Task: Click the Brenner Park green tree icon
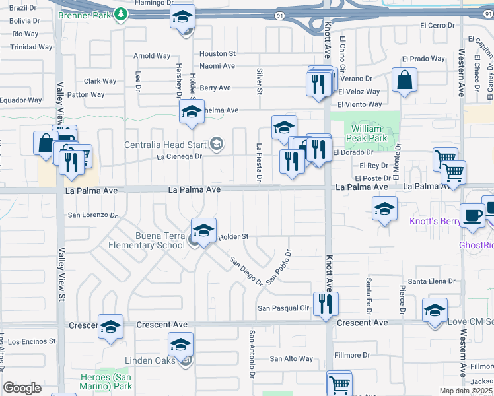point(120,15)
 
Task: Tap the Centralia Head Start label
point(165,144)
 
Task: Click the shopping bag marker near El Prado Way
point(404,81)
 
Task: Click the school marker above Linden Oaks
point(180,345)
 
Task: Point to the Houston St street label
point(217,53)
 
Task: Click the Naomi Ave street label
point(217,66)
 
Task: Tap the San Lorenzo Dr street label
point(92,215)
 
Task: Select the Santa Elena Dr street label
point(431,281)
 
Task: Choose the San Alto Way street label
point(291,358)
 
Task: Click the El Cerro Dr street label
point(438,26)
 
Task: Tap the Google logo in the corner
point(22,388)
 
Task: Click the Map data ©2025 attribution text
point(466,391)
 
